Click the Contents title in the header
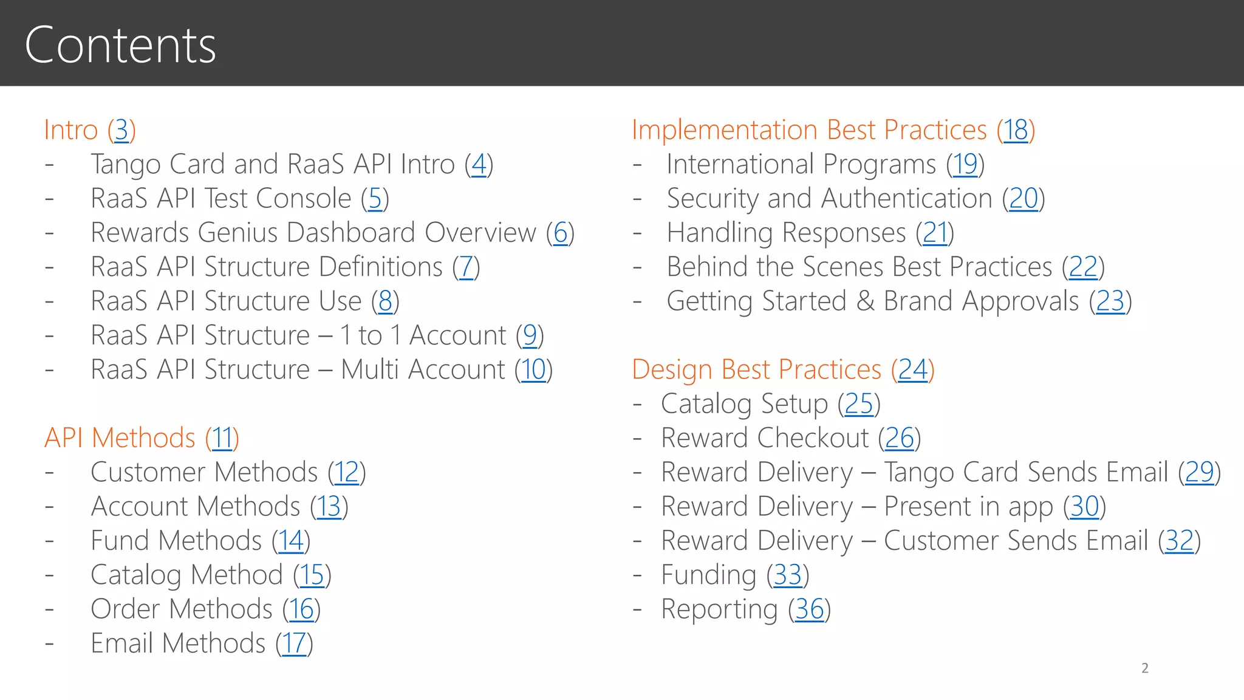pos(120,45)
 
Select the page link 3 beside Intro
pos(121,130)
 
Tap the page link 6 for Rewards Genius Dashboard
pos(560,233)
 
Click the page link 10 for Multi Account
pos(533,369)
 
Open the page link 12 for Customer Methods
pos(347,472)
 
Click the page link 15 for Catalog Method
pos(312,575)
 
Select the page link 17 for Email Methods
pos(294,643)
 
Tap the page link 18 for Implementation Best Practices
pos(1016,130)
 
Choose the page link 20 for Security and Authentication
pos(1024,199)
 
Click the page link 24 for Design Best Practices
pos(912,369)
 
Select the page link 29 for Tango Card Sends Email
pos(1200,472)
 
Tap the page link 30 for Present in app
pos(1084,507)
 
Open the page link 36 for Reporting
pos(809,609)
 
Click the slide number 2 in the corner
pos(1145,668)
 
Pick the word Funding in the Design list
pos(708,575)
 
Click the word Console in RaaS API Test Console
pos(304,199)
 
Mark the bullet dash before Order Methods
pos(49,609)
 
